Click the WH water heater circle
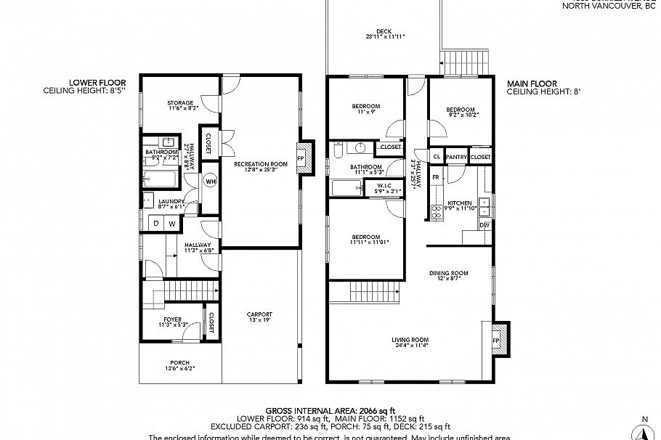210,181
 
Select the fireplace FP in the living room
497,340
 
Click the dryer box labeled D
155,224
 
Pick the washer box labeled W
172,224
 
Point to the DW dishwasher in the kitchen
484,225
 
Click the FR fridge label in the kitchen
436,177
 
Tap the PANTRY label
455,157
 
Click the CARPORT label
259,314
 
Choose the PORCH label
179,362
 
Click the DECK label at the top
384,31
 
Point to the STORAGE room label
181,103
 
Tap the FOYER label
172,319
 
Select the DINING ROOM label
448,273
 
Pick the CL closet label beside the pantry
437,157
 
